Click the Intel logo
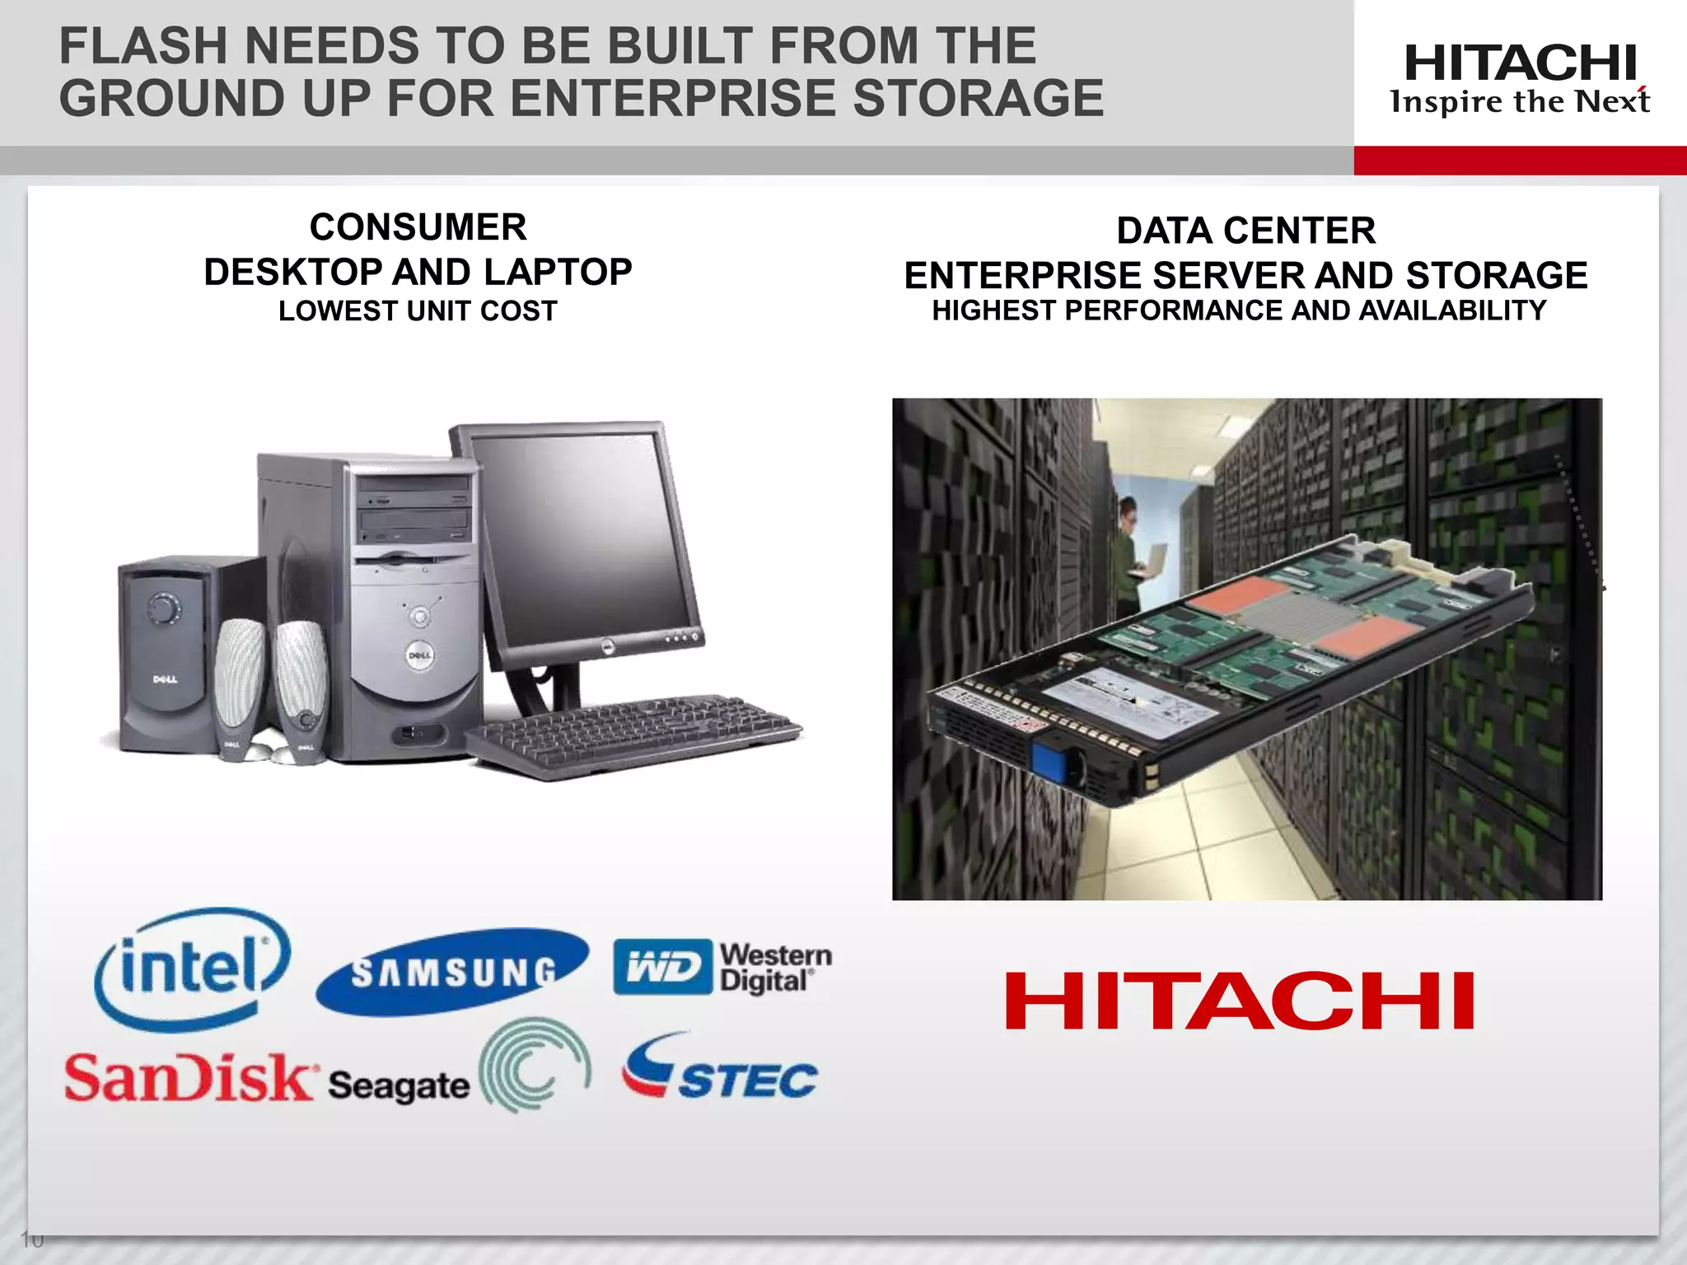coord(192,969)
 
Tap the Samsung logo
coord(452,973)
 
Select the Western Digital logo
coord(722,968)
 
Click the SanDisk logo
coord(189,1077)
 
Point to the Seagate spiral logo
coord(535,1065)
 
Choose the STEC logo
coord(719,1069)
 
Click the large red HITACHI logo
coord(1240,1001)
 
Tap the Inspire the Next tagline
coord(1520,101)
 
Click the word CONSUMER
coord(418,227)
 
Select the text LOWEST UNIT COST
coord(418,311)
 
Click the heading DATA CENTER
coord(1245,231)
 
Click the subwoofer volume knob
coord(164,609)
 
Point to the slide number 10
coord(31,1239)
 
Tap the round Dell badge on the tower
coord(419,656)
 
